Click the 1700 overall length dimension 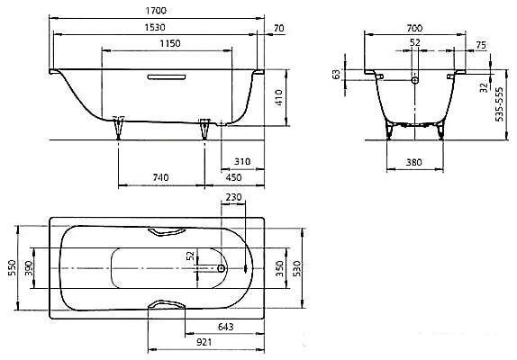click(156, 11)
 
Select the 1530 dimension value click(155, 27)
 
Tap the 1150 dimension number click(170, 43)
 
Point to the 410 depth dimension click(279, 97)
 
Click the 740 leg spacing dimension click(160, 177)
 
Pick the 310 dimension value click(242, 162)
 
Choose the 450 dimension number click(233, 177)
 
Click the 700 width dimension click(414, 28)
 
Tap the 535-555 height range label click(500, 104)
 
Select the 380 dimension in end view click(413, 162)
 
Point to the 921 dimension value click(204, 342)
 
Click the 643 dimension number click(226, 327)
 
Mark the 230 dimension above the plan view click(233, 197)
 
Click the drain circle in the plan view click(222, 268)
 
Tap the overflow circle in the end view click(415, 80)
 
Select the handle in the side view click(167, 77)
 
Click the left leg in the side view click(118, 128)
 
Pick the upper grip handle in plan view click(167, 232)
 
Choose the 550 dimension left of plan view click(12, 268)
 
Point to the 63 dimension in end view click(336, 75)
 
